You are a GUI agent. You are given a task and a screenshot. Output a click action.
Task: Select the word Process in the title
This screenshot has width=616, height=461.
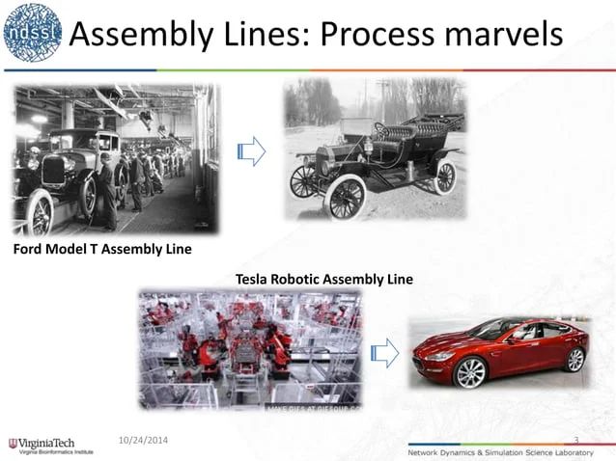[375, 35]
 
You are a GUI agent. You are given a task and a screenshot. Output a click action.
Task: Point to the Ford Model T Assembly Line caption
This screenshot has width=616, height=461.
[101, 250]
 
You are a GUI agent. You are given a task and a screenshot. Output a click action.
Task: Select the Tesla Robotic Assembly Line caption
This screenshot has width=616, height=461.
[323, 280]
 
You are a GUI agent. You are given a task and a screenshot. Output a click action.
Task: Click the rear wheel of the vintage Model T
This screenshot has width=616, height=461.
[445, 176]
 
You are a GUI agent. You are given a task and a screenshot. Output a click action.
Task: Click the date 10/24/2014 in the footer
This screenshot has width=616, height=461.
[142, 440]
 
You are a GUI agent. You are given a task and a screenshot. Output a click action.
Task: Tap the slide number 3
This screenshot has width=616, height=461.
[575, 440]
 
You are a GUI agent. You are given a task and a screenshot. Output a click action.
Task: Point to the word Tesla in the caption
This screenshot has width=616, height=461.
[254, 280]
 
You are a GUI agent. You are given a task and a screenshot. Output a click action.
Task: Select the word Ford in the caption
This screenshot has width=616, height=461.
[29, 250]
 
